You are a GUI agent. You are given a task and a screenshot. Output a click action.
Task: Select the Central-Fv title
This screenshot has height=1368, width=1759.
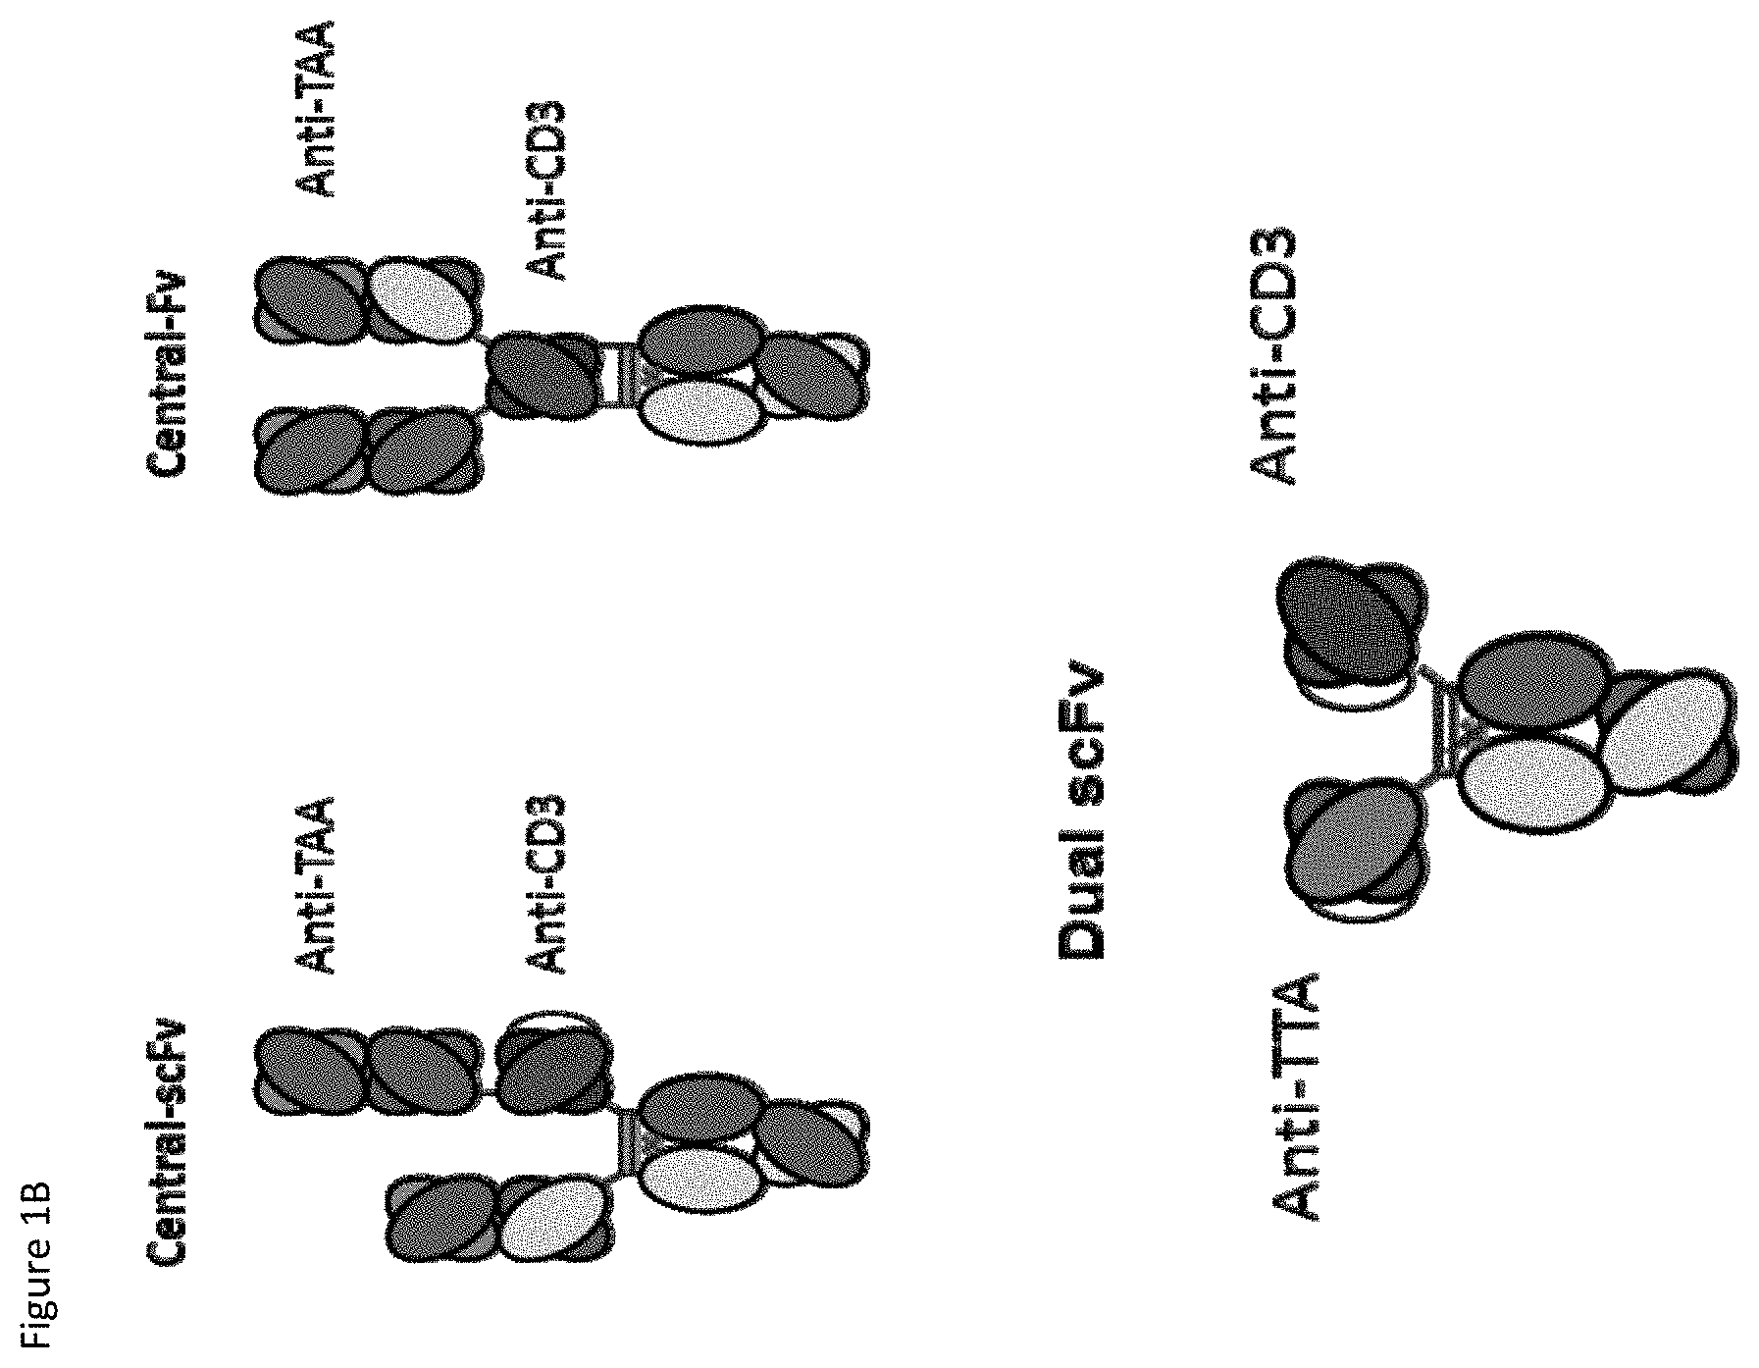pos(168,377)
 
